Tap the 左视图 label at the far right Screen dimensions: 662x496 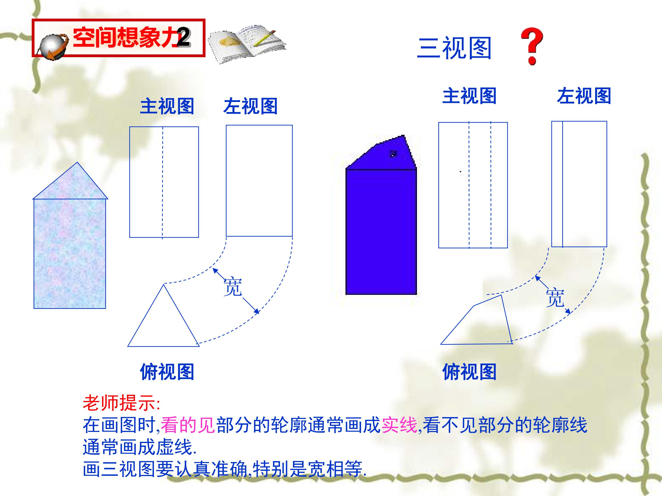[584, 96]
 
